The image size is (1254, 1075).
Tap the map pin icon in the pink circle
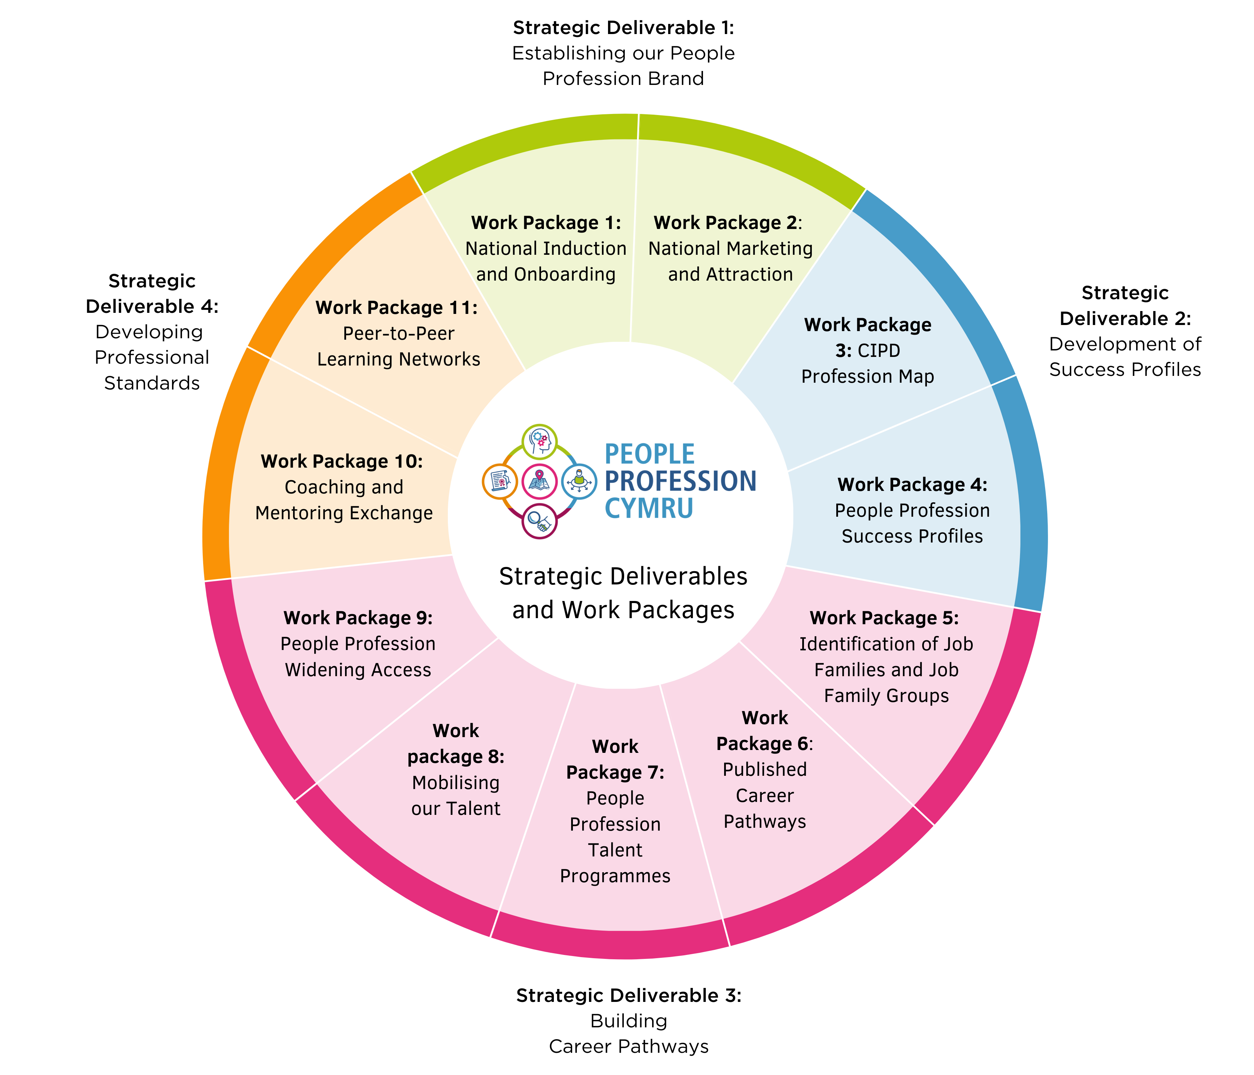(539, 481)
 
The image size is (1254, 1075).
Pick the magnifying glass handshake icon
(539, 521)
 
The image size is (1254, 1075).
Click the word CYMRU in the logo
(649, 508)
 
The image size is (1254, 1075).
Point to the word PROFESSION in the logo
(680, 481)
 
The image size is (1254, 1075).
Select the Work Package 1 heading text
(546, 223)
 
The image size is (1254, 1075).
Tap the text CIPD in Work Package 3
(879, 350)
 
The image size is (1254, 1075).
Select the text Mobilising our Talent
(456, 795)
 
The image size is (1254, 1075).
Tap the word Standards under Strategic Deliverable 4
(152, 383)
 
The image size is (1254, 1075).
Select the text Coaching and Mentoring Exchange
(344, 500)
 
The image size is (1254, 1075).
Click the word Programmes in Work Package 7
(615, 876)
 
